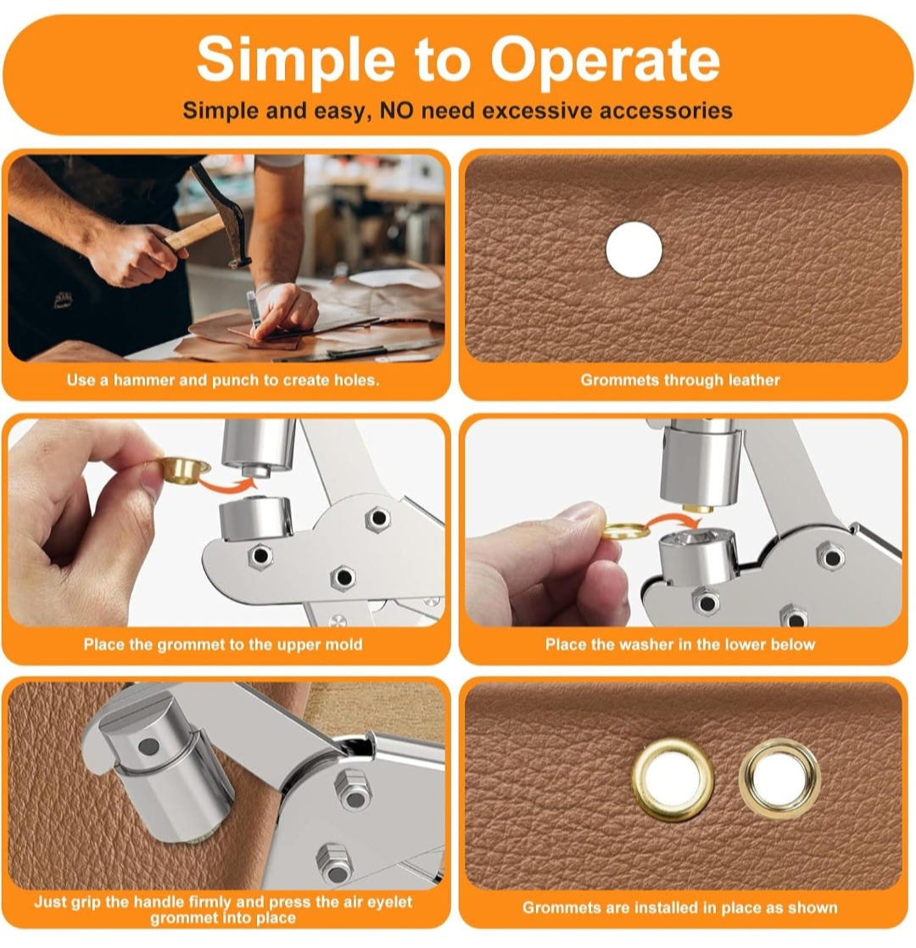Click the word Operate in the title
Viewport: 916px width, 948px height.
point(605,60)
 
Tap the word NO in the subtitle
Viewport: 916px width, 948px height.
point(397,110)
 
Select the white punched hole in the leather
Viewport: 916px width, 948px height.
point(634,250)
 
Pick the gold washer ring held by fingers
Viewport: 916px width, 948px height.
point(625,530)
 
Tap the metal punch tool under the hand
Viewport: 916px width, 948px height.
point(254,308)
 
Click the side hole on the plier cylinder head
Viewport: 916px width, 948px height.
point(148,748)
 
